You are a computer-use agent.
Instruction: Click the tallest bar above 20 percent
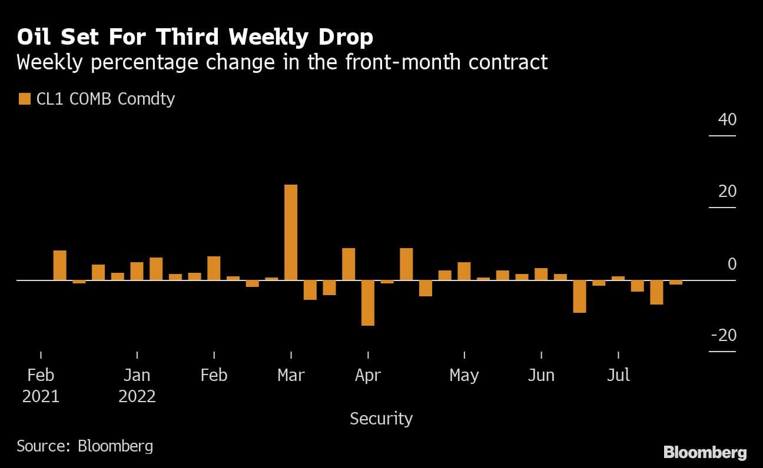pos(291,232)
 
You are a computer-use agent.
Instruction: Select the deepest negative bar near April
pos(368,302)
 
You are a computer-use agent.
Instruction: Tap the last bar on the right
pos(676,282)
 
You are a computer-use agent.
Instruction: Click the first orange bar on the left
pos(60,265)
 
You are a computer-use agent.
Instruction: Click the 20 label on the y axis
pos(727,192)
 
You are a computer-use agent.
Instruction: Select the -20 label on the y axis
pos(724,335)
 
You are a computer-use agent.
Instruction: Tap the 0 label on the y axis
pos(732,264)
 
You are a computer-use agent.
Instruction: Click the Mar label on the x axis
pos(291,375)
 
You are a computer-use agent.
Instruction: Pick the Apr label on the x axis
pos(368,375)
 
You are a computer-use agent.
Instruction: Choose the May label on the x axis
pos(464,375)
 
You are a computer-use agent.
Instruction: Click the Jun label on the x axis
pos(541,375)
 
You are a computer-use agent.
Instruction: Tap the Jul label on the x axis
pos(618,375)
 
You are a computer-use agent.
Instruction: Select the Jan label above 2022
pos(137,375)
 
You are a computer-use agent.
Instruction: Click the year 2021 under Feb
pos(41,396)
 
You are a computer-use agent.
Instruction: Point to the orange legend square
pos(24,99)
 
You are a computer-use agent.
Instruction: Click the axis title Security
pos(381,419)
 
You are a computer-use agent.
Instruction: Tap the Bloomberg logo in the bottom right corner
pos(705,452)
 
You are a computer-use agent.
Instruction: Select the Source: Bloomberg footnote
pos(85,446)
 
